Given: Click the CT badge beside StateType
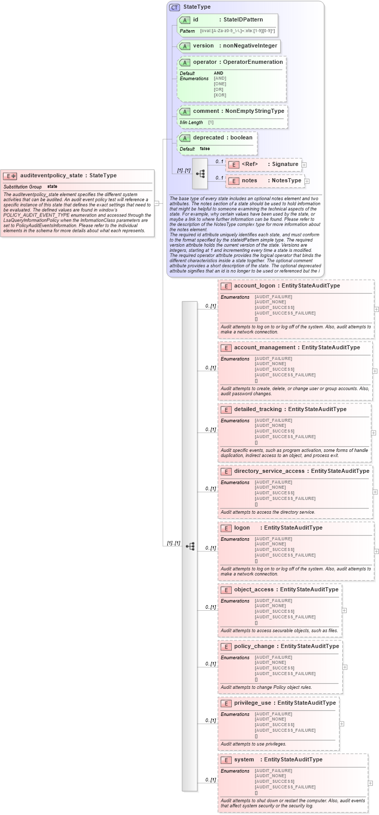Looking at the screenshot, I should click(x=174, y=7).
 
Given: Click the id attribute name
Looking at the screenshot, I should click(x=196, y=20).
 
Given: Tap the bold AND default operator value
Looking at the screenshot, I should click(x=218, y=73).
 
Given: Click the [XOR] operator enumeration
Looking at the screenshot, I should click(x=219, y=95).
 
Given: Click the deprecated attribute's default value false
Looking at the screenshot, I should click(x=205, y=149).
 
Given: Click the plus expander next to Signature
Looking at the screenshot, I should click(x=304, y=165).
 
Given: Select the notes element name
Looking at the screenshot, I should click(x=250, y=181).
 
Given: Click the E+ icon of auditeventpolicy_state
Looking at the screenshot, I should click(x=10, y=176).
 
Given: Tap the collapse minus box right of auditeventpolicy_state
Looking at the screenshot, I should click(x=157, y=203).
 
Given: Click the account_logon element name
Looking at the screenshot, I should click(x=254, y=286).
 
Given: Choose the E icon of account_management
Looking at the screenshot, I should click(x=226, y=348).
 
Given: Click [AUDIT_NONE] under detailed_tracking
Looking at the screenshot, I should click(x=266, y=425).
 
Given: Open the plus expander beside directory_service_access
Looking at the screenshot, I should click(x=375, y=492).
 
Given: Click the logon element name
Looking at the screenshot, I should click(x=242, y=528).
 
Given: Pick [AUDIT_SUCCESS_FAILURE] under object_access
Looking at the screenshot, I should click(x=285, y=617).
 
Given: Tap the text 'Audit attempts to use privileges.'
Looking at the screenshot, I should click(x=253, y=744).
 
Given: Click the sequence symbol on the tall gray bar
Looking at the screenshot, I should click(x=190, y=546).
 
